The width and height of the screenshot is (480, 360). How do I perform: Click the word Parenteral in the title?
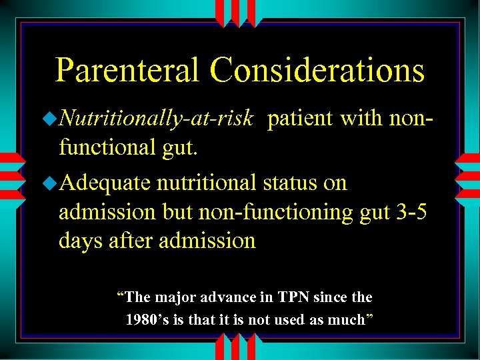tap(127, 71)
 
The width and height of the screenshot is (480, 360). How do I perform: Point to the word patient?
tap(301, 119)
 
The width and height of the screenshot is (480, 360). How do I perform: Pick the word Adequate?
tap(105, 183)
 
